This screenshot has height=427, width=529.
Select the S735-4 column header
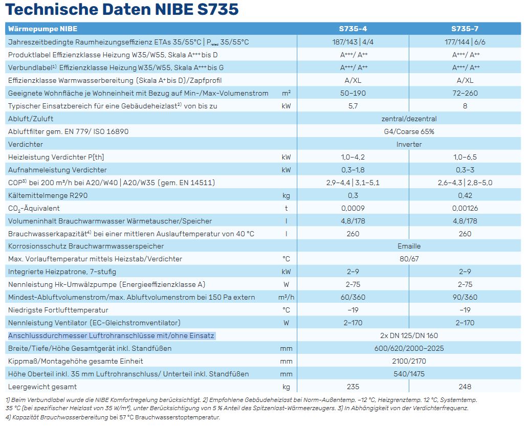[353, 29]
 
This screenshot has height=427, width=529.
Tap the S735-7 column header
[465, 29]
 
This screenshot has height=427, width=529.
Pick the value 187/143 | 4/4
[354, 42]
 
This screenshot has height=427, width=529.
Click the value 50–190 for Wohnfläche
[354, 93]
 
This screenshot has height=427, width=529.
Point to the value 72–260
[465, 93]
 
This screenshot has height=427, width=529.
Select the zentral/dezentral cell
[409, 119]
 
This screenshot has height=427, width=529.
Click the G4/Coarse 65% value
[409, 131]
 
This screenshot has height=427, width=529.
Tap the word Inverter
[409, 144]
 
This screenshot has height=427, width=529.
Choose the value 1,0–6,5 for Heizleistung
[465, 157]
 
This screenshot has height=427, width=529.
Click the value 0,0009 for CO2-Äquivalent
[353, 208]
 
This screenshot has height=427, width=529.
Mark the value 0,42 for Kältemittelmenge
[465, 195]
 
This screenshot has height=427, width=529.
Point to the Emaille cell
[409, 246]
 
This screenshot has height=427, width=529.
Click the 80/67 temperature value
[409, 259]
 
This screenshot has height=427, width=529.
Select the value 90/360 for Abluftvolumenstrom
[465, 298]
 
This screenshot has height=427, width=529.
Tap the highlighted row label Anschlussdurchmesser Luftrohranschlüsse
[112, 336]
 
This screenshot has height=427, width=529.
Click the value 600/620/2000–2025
[409, 349]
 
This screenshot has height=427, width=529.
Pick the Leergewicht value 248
[465, 387]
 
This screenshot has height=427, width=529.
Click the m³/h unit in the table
[286, 298]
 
